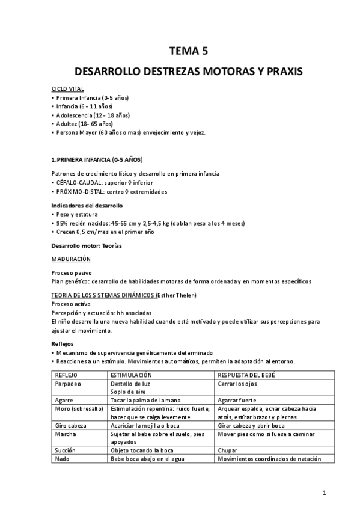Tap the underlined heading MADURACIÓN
pos(71,259)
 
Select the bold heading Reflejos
pos(63,344)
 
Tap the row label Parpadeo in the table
pos(67,383)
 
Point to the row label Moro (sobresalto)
pos(77,408)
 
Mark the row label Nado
pos(62,458)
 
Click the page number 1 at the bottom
pos(324,494)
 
